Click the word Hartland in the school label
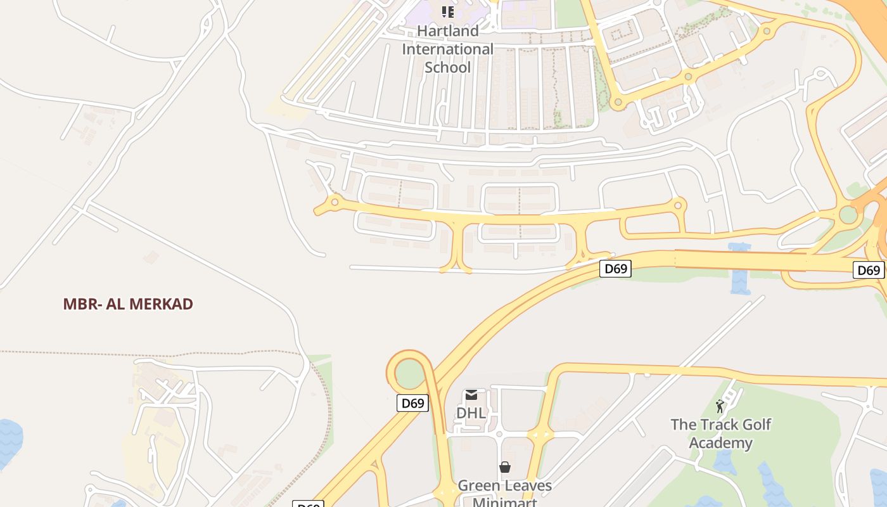(x=448, y=31)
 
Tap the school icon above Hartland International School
(x=448, y=12)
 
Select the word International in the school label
(x=448, y=49)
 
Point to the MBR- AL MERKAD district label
(x=128, y=304)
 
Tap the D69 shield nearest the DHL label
(x=412, y=403)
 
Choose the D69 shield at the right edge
(x=869, y=271)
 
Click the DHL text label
(x=471, y=413)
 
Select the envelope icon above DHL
(x=471, y=395)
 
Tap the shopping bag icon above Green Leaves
(x=505, y=468)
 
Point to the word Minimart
(x=505, y=502)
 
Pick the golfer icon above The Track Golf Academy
(x=720, y=406)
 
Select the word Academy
(x=720, y=442)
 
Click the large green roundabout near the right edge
(x=848, y=215)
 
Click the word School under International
(x=448, y=67)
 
